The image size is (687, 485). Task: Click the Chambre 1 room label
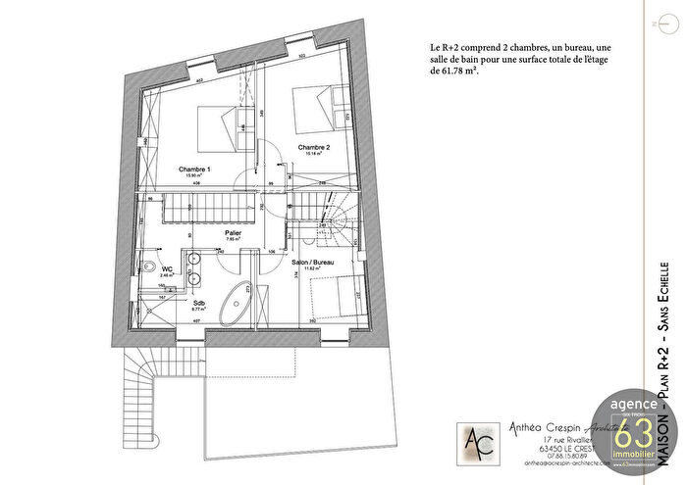pyautogui.click(x=193, y=169)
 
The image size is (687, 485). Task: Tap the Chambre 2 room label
pyautogui.click(x=314, y=146)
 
